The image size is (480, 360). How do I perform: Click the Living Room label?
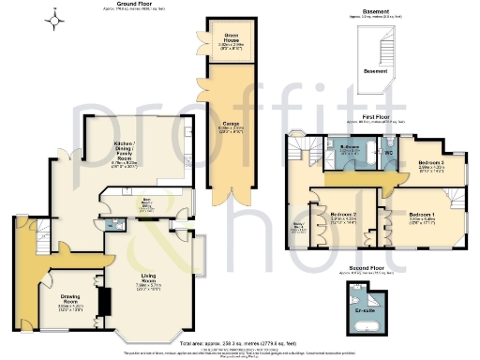point(148,279)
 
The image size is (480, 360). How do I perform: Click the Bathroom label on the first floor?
point(351,148)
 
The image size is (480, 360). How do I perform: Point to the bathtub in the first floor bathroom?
point(352,163)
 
